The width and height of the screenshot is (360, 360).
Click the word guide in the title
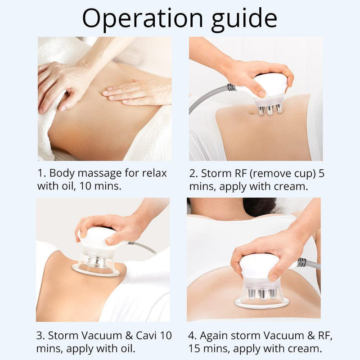(x=238, y=19)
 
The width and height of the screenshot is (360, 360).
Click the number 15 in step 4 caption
(x=195, y=347)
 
